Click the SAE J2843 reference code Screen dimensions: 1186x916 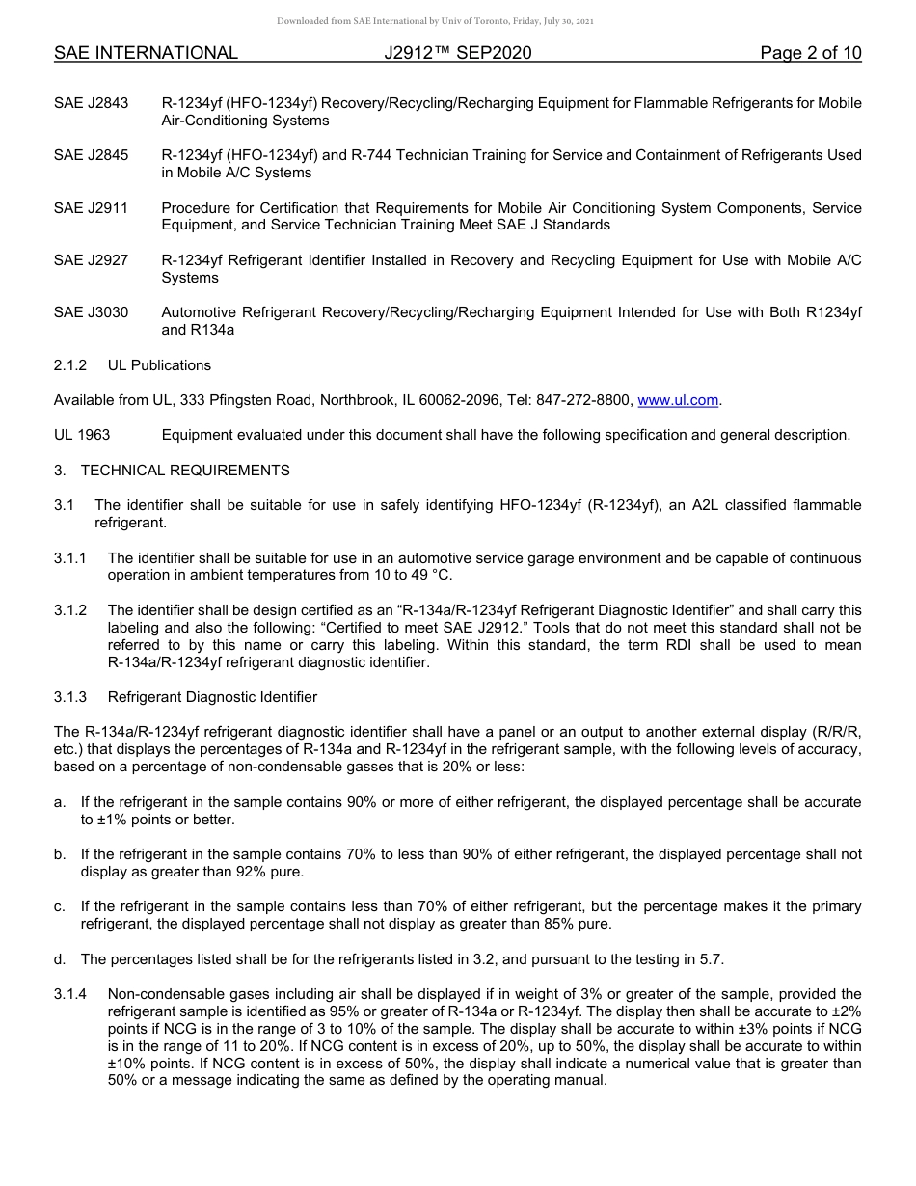[91, 103]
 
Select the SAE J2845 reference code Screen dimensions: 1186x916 [91, 155]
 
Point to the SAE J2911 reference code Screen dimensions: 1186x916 [91, 208]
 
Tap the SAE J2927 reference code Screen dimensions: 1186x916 [91, 260]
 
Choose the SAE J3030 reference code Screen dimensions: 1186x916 [91, 312]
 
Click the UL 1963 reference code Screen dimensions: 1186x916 [82, 435]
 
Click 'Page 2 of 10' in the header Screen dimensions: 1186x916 [810, 53]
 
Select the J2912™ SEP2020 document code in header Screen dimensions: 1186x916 [457, 53]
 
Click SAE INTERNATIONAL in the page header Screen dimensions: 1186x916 [146, 53]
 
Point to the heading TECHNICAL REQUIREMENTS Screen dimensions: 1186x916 [185, 471]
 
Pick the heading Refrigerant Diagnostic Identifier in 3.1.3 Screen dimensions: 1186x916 [212, 697]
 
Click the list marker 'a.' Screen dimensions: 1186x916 [60, 802]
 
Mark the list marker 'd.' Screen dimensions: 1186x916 [60, 958]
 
